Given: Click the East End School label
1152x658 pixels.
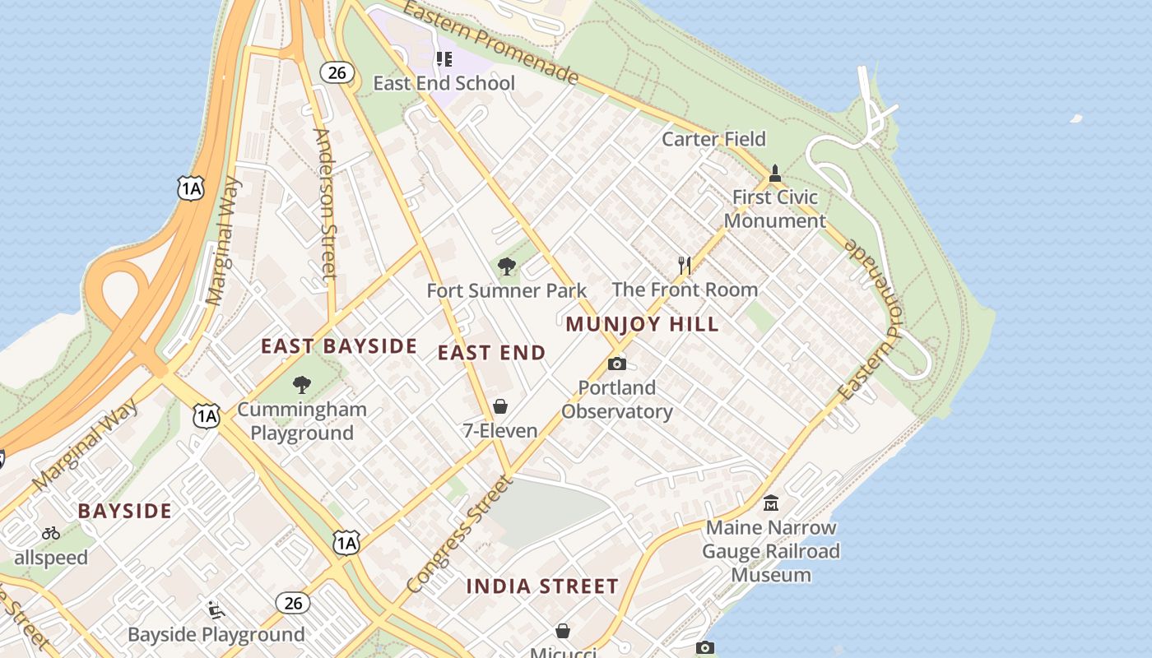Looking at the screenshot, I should click(x=444, y=83).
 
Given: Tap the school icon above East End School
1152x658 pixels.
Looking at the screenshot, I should click(x=444, y=58).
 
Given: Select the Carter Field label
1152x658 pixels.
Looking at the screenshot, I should click(x=713, y=139).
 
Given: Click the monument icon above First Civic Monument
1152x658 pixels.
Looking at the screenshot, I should click(x=774, y=174).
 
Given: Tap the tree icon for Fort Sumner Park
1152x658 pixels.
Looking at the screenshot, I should click(x=507, y=266).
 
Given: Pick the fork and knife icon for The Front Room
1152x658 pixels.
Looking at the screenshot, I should click(x=685, y=265).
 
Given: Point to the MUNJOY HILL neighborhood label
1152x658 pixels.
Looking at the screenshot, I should click(x=642, y=324).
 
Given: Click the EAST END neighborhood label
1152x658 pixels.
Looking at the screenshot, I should click(x=491, y=353).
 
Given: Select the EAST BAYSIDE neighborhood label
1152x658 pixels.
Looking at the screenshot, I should click(x=339, y=346).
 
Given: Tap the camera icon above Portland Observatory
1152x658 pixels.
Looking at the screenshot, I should click(x=617, y=364).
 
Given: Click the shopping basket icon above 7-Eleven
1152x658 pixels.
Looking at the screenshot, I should click(x=500, y=406).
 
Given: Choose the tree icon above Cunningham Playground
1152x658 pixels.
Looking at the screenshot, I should click(x=302, y=384).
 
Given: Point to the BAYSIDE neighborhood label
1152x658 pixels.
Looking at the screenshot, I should click(x=125, y=511).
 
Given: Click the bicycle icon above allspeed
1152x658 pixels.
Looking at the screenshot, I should click(x=51, y=533).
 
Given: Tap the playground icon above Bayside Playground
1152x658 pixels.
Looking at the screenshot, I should click(x=216, y=609).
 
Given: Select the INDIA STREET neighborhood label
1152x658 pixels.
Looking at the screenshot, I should click(x=542, y=586).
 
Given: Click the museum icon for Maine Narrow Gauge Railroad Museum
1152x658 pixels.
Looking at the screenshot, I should click(x=771, y=503).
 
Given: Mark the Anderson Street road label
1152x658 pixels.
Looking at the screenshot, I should click(x=324, y=203).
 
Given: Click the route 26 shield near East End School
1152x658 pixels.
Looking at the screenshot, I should click(x=337, y=72).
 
